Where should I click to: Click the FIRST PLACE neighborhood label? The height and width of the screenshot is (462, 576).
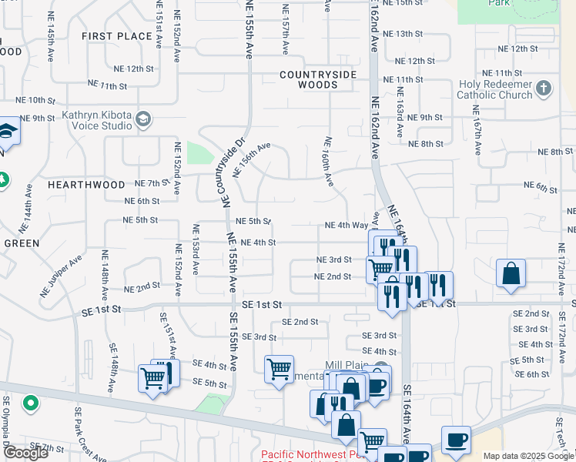point(117,36)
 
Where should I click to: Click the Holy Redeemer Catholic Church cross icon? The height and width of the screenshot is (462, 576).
point(544,87)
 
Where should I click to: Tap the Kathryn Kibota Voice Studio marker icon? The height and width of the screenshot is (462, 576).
point(143,119)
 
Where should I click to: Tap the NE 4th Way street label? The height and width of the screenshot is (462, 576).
point(347,226)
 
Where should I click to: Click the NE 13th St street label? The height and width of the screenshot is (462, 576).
point(408,34)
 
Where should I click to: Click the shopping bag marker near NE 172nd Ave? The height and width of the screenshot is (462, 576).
point(511,274)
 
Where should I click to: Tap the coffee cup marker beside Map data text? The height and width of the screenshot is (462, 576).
point(457,439)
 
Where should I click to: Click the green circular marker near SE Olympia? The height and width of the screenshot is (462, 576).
point(31,403)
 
